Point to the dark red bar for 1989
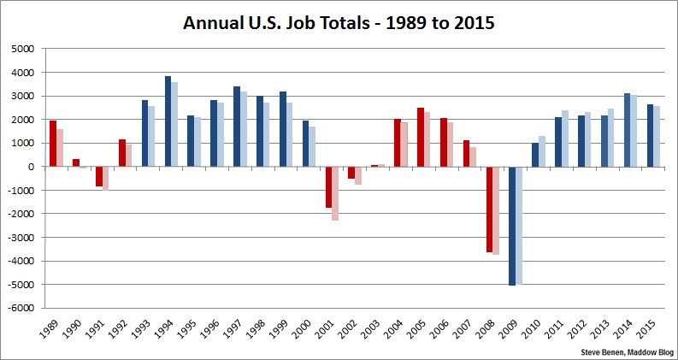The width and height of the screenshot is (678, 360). (53, 144)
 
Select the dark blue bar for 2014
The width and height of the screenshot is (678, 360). (628, 130)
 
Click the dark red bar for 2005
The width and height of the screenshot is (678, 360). (421, 137)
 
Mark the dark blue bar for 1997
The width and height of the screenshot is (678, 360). (237, 127)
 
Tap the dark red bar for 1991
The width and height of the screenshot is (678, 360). (99, 176)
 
